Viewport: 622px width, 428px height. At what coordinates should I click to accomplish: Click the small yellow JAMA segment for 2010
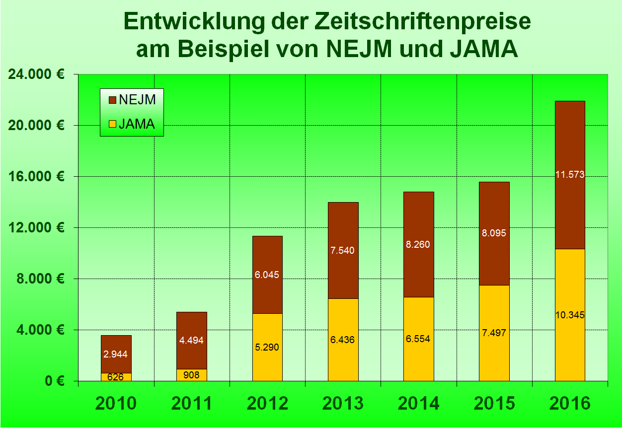tap(116, 377)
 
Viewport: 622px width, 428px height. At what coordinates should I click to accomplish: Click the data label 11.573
tap(570, 174)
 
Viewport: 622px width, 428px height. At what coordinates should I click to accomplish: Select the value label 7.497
tap(494, 333)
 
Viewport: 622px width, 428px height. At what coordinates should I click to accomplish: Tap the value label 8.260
tap(418, 244)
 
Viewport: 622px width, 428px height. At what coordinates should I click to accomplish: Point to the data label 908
tap(192, 375)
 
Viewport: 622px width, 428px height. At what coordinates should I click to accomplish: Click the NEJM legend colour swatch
tap(112, 100)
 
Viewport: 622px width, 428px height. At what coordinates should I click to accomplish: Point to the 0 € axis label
tap(54, 381)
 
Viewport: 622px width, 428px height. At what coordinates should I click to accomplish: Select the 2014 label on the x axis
tap(418, 404)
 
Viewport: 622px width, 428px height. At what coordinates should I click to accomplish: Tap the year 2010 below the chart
tap(116, 404)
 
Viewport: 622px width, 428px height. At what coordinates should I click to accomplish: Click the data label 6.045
tap(267, 274)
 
